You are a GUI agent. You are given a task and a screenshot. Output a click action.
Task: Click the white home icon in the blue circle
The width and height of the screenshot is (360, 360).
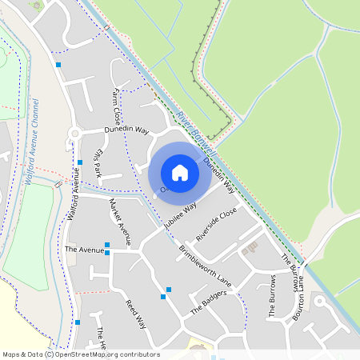pyautogui.click(x=180, y=173)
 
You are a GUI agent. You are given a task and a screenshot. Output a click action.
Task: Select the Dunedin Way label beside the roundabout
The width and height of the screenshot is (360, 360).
pyautogui.click(x=126, y=129)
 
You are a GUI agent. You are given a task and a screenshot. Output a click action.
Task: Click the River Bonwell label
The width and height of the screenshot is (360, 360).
pyautogui.click(x=197, y=128)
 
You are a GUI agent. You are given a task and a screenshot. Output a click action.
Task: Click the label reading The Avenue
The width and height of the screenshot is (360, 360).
pyautogui.click(x=84, y=250)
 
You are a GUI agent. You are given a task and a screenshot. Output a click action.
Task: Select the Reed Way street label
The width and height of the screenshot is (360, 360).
pyautogui.click(x=135, y=314)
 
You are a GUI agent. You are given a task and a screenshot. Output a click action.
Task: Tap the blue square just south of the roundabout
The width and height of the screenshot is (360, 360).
pyautogui.click(x=80, y=162)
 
